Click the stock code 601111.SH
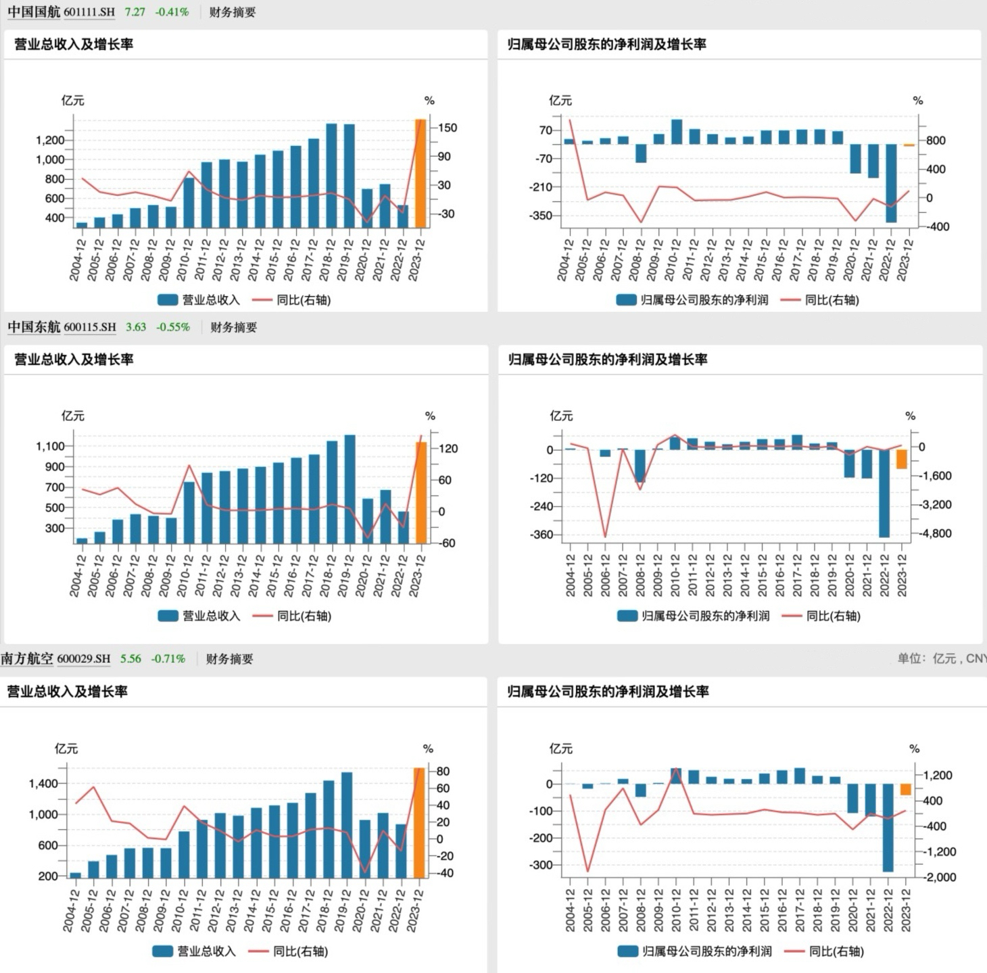(x=89, y=12)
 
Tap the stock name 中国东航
(x=34, y=327)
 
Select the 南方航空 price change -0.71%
(x=168, y=659)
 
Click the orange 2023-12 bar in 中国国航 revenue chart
(x=420, y=174)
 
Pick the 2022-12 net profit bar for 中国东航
(x=884, y=493)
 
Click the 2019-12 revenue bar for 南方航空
(x=347, y=824)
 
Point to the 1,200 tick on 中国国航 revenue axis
(x=49, y=141)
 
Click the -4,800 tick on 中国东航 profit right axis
(x=935, y=534)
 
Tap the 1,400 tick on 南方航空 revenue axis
(x=43, y=784)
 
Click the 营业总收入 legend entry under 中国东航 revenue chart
(x=199, y=616)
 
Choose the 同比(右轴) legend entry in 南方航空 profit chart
(x=824, y=951)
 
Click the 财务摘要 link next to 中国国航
(x=232, y=12)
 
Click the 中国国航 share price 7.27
(x=135, y=12)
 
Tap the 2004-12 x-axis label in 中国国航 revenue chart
(x=77, y=259)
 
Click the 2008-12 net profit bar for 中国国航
(x=641, y=153)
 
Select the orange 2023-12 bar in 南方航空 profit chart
(x=906, y=789)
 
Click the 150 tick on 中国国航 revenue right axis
(x=448, y=128)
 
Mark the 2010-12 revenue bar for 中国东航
(x=189, y=512)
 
